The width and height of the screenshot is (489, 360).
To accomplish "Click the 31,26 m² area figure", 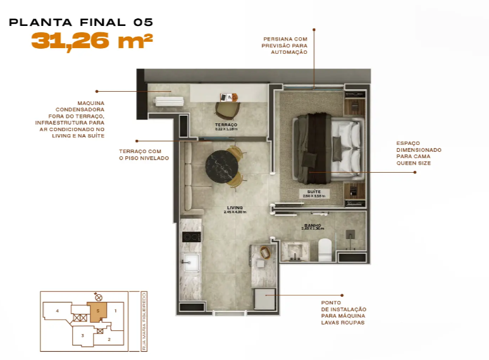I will [x=92, y=41].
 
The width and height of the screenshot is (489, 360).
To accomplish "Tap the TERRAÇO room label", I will [x=225, y=125].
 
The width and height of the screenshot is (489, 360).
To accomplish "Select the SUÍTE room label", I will [x=314, y=192].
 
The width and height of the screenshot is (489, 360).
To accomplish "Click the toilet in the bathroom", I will [x=325, y=251].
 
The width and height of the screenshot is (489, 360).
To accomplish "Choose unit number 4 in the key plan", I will [x=57, y=311].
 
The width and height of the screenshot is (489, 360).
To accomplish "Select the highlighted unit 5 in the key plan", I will [x=98, y=311].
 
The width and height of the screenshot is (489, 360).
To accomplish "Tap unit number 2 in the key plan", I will [x=108, y=340].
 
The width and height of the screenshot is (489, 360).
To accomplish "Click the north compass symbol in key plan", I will [x=97, y=296].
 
